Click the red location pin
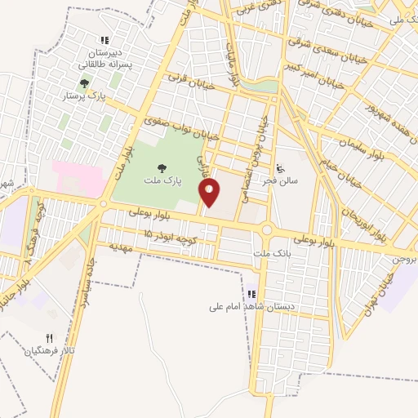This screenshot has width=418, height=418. pos(210,193)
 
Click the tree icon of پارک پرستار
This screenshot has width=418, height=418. pos(84,82)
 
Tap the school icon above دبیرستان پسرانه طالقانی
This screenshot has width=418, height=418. pos(104,40)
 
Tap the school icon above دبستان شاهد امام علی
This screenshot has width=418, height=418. pos(252,294)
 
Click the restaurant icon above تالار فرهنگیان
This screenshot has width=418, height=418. pos(49,338)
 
